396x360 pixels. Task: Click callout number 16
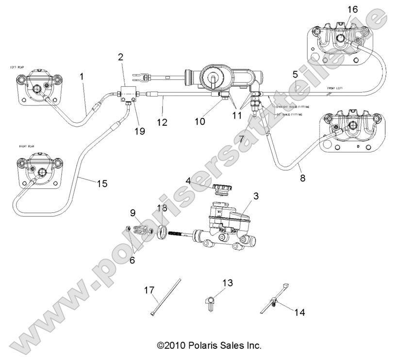(352, 9)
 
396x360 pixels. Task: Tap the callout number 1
(82, 76)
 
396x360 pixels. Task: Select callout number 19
(140, 131)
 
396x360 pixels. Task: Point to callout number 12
(162, 123)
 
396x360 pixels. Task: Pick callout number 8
(302, 178)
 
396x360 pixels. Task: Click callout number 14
(299, 312)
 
